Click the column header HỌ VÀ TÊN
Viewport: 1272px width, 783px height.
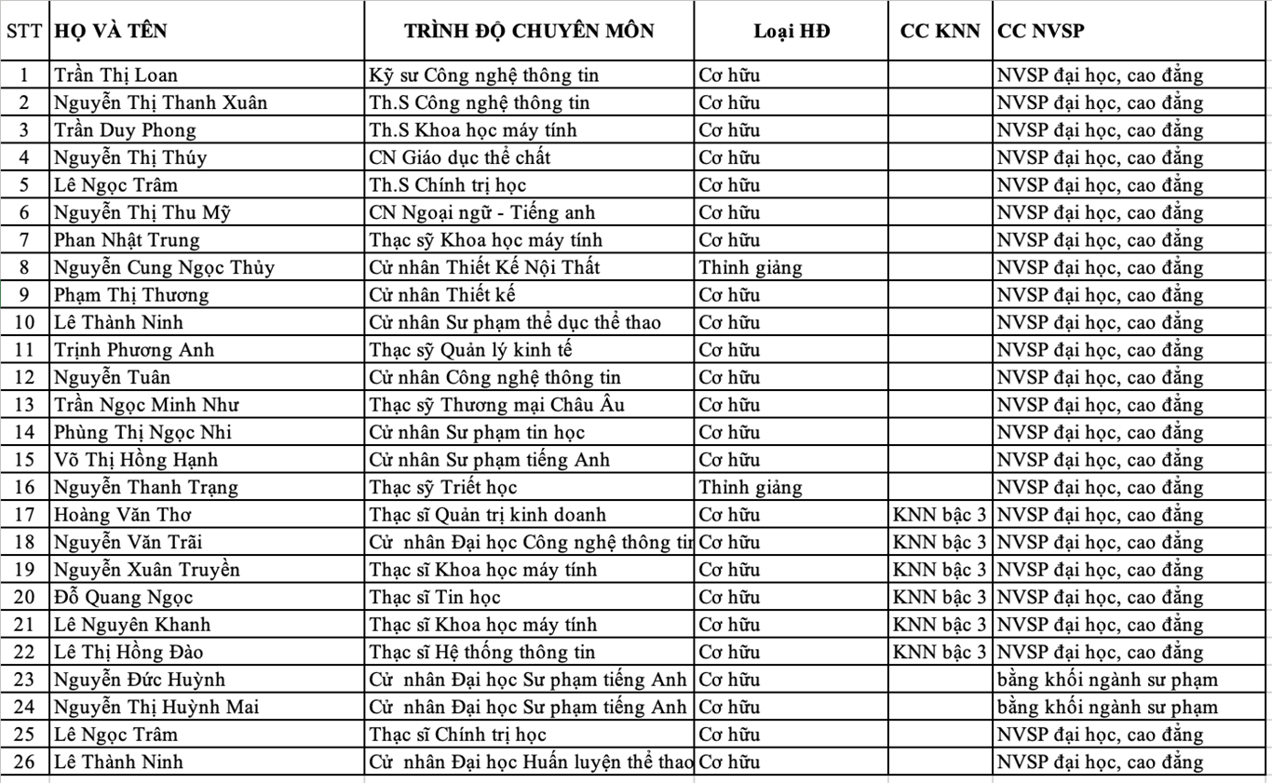click(111, 31)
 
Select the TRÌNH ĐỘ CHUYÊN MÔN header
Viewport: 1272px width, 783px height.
click(529, 31)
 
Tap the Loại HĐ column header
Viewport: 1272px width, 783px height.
click(792, 31)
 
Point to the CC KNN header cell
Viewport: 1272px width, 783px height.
click(940, 31)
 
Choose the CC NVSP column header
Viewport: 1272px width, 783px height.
click(1040, 31)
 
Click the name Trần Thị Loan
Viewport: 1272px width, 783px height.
click(115, 75)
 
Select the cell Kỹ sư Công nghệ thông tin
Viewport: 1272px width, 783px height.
click(484, 75)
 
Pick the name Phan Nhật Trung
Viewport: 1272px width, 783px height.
click(127, 240)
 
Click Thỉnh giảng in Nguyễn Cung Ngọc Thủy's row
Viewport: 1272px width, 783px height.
click(751, 268)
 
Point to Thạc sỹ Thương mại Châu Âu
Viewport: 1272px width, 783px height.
click(496, 405)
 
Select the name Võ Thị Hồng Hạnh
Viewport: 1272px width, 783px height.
click(135, 460)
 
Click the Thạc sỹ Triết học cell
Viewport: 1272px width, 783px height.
click(443, 487)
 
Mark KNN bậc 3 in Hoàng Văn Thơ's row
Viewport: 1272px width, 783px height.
click(940, 515)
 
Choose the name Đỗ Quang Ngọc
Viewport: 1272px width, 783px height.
click(123, 597)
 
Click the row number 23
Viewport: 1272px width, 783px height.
click(24, 680)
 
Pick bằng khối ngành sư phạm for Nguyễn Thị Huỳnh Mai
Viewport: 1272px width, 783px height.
click(1106, 707)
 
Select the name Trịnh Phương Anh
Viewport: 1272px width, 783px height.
click(134, 350)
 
